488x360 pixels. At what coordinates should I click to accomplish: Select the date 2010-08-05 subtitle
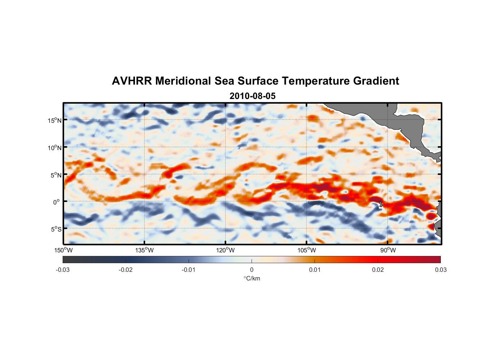[252, 96]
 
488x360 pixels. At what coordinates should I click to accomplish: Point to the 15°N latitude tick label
[55, 120]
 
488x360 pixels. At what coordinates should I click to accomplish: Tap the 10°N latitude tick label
[55, 148]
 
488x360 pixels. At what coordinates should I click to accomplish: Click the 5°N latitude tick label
[56, 175]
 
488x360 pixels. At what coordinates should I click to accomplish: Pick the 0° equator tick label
[57, 202]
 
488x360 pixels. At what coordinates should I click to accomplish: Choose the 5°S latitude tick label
[56, 229]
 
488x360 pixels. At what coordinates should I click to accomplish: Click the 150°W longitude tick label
[64, 250]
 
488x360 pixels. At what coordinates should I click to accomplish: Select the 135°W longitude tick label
[145, 250]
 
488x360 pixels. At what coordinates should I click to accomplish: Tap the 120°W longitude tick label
[226, 250]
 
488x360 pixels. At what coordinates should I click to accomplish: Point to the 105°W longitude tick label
[307, 250]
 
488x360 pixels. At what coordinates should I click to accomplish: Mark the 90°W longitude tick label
[388, 250]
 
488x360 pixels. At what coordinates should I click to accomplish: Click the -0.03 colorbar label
[63, 270]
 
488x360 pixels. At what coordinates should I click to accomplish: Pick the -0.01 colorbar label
[189, 270]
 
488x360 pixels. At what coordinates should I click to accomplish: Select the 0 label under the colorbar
[252, 270]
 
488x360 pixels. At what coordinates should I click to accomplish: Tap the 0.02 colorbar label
[378, 270]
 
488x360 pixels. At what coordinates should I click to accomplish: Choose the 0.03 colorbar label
[440, 270]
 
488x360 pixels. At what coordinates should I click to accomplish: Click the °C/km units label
[252, 278]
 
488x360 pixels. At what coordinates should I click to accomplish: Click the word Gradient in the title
[376, 81]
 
